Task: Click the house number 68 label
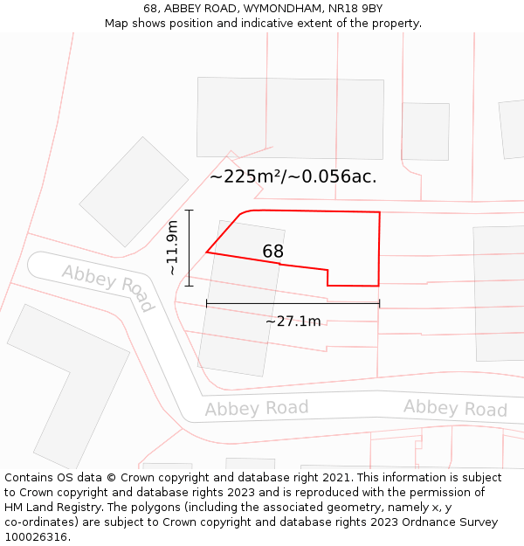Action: [x=272, y=252]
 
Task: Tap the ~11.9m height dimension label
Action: [x=173, y=248]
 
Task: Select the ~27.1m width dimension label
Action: [x=293, y=321]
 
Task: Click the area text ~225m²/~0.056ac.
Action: [x=293, y=176]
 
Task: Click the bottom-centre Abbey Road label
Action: [x=257, y=408]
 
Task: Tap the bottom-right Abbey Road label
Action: [x=455, y=408]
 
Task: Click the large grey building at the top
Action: [x=290, y=118]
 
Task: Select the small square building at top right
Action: [x=425, y=131]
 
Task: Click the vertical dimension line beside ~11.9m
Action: [x=190, y=248]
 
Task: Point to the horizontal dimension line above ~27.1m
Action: [x=293, y=304]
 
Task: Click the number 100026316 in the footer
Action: [x=36, y=537]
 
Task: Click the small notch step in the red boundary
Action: [x=328, y=277]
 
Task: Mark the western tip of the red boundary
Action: [x=207, y=252]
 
